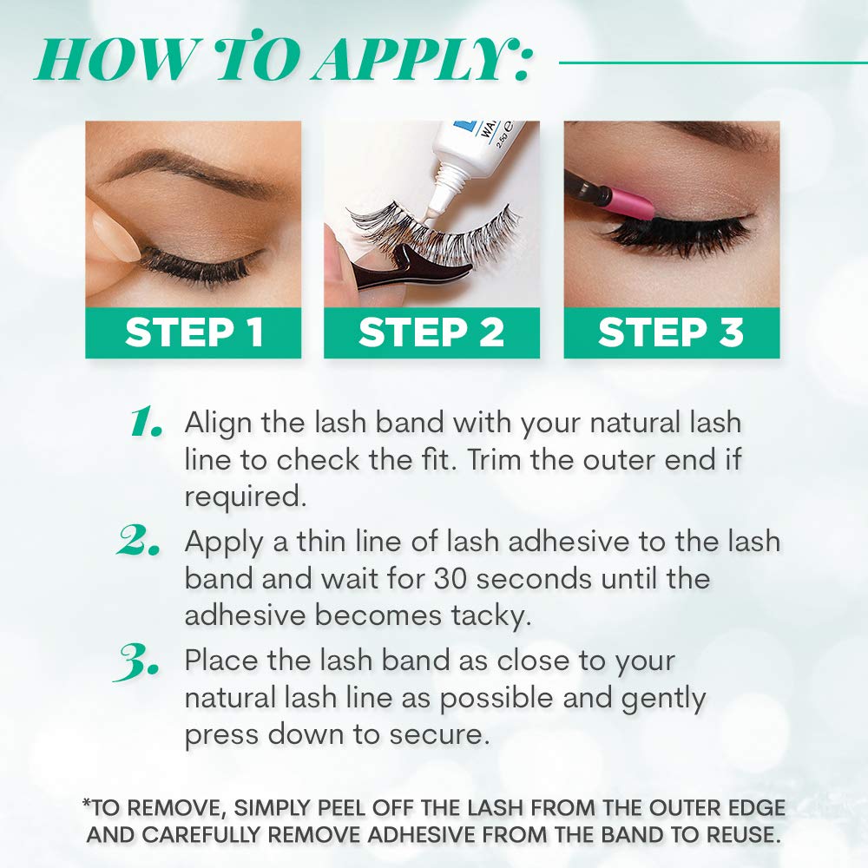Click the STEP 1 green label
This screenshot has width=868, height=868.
(193, 333)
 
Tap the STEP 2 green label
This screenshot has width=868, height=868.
(431, 333)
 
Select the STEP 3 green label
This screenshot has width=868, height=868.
(671, 333)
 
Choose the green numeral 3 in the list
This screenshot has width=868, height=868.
(139, 661)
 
